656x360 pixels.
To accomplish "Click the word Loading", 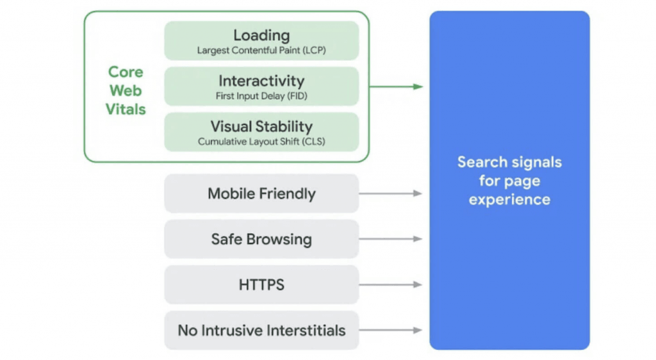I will coord(261,35).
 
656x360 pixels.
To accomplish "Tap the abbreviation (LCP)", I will coord(313,50).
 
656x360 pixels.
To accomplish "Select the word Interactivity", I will coord(261,81).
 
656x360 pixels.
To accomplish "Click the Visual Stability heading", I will coord(261,126).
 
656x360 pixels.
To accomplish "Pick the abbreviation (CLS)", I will coord(313,142).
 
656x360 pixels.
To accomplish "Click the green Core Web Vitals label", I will coord(126,90).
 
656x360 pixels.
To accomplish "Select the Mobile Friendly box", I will coord(261,193).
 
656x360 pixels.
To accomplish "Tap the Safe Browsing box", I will coord(261,240).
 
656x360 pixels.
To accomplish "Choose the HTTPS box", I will coord(261,285).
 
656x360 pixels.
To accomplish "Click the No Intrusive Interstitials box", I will coord(261,331).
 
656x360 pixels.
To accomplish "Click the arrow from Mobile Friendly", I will coord(390,193).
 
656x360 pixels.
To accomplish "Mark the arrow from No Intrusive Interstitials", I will coord(390,331).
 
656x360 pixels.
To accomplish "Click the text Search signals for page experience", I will coord(509,181).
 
